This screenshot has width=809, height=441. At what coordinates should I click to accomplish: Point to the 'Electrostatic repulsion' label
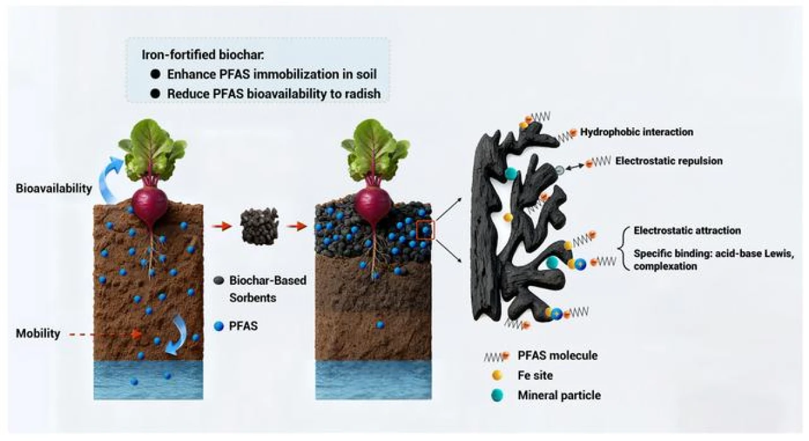point(669,161)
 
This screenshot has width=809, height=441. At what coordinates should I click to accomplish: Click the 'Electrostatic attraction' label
point(687,230)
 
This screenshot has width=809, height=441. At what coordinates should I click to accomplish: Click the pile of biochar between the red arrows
point(260,225)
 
